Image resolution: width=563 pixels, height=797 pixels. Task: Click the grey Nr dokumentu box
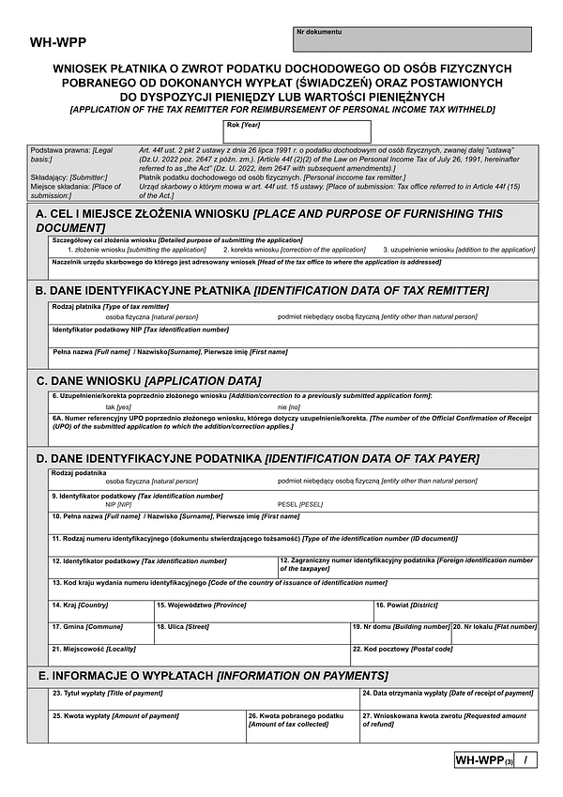(x=412, y=39)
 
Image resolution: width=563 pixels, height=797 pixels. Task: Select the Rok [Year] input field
(x=297, y=131)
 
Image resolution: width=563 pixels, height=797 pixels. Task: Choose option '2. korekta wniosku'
(x=295, y=251)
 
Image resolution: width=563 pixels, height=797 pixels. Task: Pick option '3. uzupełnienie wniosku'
(x=459, y=251)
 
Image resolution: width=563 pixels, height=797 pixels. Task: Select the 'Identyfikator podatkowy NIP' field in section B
(x=294, y=335)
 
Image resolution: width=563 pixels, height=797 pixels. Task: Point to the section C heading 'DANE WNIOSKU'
(x=148, y=381)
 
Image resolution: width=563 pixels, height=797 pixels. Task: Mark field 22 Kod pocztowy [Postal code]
(x=445, y=654)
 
